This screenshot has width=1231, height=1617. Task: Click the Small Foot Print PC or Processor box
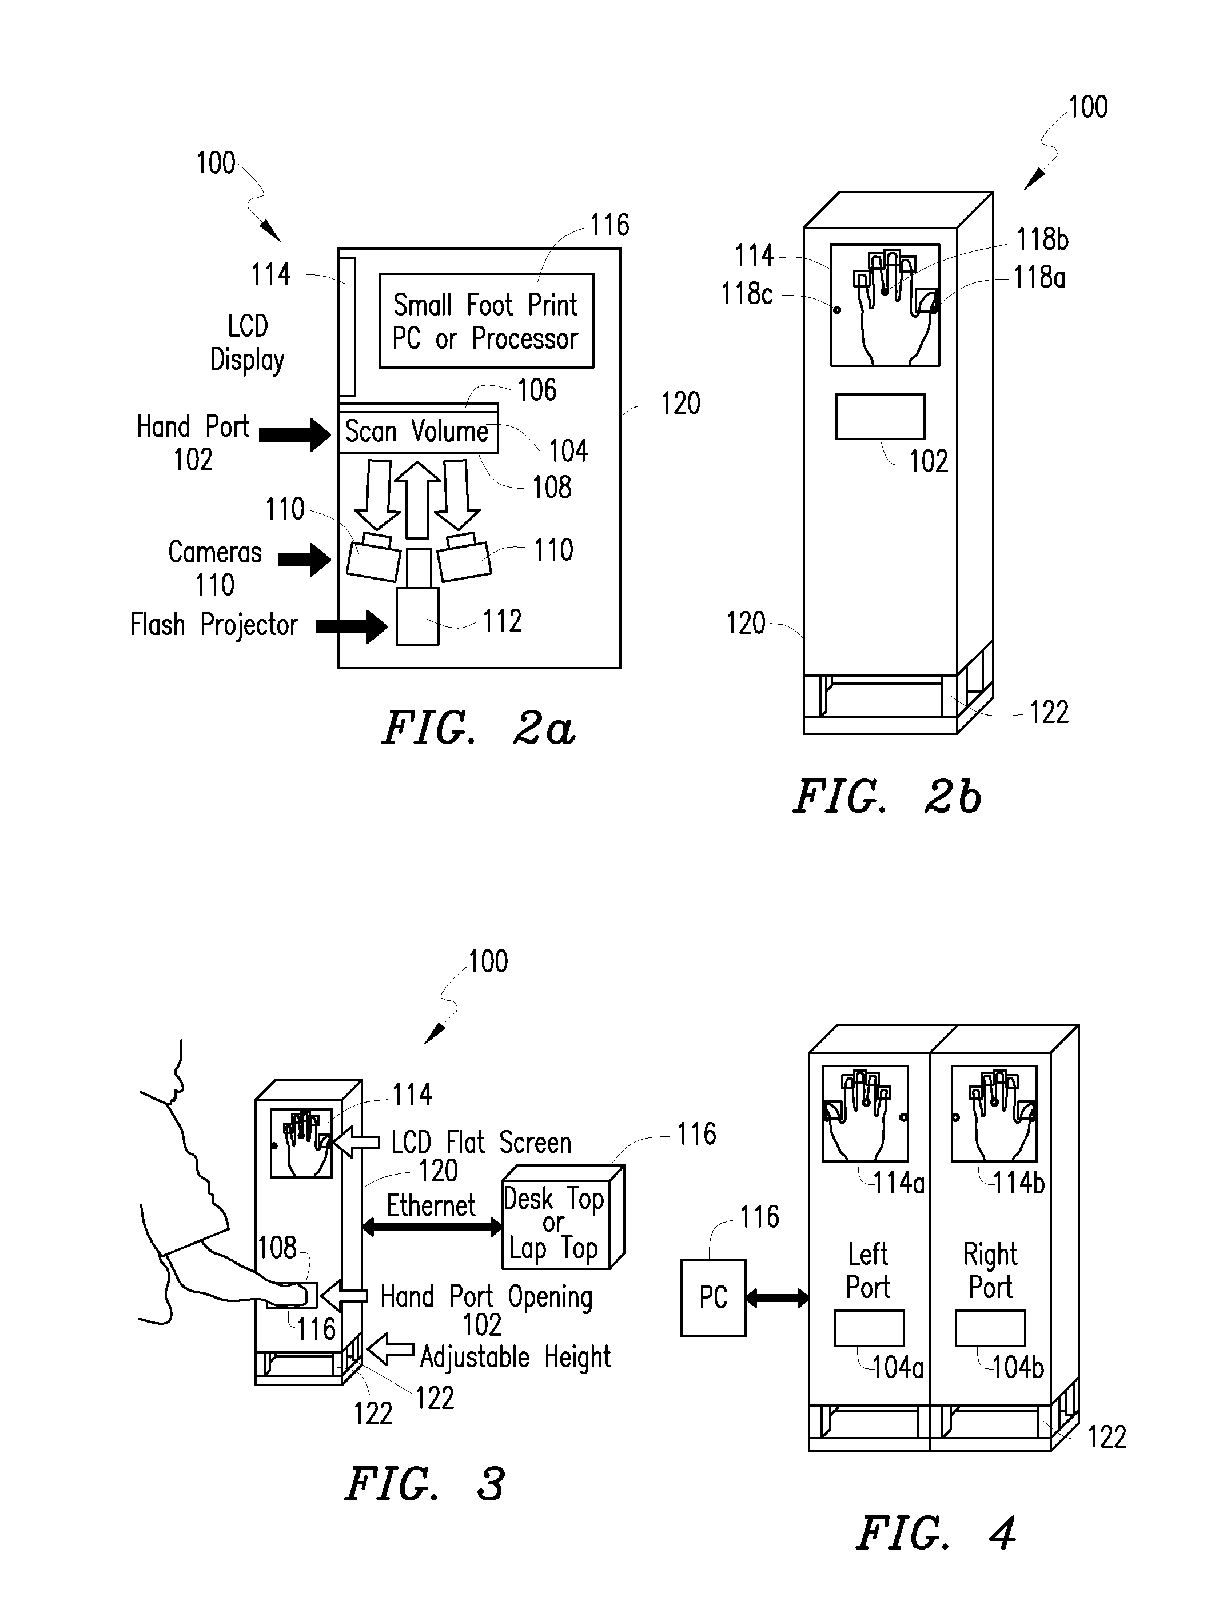pyautogui.click(x=486, y=321)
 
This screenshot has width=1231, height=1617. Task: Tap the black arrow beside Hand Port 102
pyautogui.click(x=295, y=435)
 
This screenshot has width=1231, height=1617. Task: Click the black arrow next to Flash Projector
pyautogui.click(x=352, y=626)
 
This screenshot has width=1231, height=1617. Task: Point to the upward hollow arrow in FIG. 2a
pyautogui.click(x=417, y=500)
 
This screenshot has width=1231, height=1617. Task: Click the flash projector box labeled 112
pyautogui.click(x=417, y=616)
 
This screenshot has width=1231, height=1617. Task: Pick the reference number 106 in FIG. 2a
pyautogui.click(x=537, y=390)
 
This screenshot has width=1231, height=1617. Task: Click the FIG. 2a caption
pyautogui.click(x=479, y=728)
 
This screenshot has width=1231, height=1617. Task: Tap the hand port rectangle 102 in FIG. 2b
pyautogui.click(x=880, y=417)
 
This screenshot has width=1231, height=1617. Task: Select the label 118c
pyautogui.click(x=747, y=294)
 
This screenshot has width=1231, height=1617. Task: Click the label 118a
pyautogui.click(x=1039, y=278)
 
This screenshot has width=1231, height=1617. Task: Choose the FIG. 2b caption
pyautogui.click(x=887, y=797)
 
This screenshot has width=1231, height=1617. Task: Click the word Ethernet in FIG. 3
pyautogui.click(x=431, y=1205)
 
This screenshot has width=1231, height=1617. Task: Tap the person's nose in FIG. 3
pyautogui.click(x=177, y=1080)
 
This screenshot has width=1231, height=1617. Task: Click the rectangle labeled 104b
pyautogui.click(x=990, y=1328)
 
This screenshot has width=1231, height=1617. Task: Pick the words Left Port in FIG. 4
pyautogui.click(x=869, y=1271)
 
